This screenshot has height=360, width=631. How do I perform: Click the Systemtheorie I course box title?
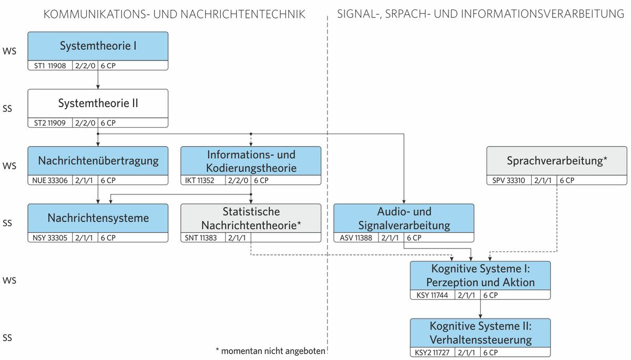pyautogui.click(x=98, y=46)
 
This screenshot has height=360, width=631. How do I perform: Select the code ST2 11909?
pyautogui.click(x=50, y=123)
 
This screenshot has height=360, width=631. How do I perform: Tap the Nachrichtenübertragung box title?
pyautogui.click(x=98, y=161)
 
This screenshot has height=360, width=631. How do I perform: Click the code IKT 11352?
pyautogui.click(x=199, y=180)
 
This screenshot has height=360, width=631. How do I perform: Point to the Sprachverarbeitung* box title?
pyautogui.click(x=557, y=161)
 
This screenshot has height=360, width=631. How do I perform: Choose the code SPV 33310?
pyautogui.click(x=508, y=180)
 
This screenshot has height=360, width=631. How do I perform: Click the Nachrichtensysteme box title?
pyautogui.click(x=98, y=218)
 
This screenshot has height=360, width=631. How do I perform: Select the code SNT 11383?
pyautogui.click(x=200, y=238)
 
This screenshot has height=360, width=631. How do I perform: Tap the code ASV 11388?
pyautogui.click(x=356, y=238)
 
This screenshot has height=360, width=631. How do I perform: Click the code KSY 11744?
pyautogui.click(x=432, y=295)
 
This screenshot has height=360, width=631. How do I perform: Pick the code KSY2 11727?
pyautogui.click(x=432, y=353)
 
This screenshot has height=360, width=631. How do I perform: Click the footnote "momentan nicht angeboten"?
pyautogui.click(x=273, y=351)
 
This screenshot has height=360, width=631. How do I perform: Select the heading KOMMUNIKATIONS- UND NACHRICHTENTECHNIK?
pyautogui.click(x=175, y=14)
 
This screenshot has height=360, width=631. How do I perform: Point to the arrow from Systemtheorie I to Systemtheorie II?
pyautogui.click(x=98, y=80)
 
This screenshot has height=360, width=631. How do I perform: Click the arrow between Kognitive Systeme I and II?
pyautogui.click(x=480, y=309)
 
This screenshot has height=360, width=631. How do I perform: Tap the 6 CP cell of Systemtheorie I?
pyautogui.click(x=108, y=66)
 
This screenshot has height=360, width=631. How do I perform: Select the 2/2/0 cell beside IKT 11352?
pyautogui.click(x=238, y=180)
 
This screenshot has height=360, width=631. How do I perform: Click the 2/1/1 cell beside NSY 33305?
pyautogui.click(x=84, y=238)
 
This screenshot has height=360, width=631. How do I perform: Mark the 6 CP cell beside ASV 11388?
pyautogui.click(x=414, y=238)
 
